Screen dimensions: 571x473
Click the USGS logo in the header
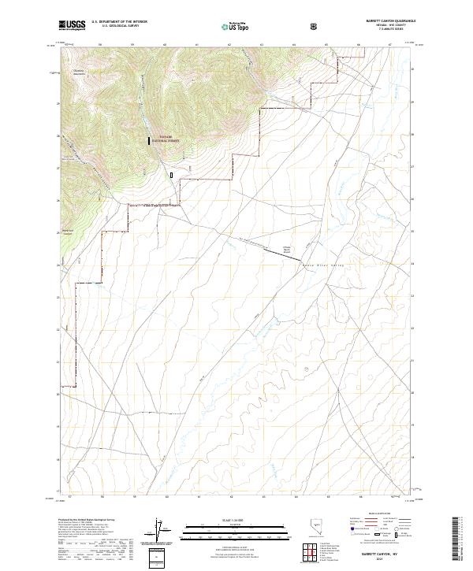tap(72, 26)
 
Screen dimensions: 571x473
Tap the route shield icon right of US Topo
tap(315, 27)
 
